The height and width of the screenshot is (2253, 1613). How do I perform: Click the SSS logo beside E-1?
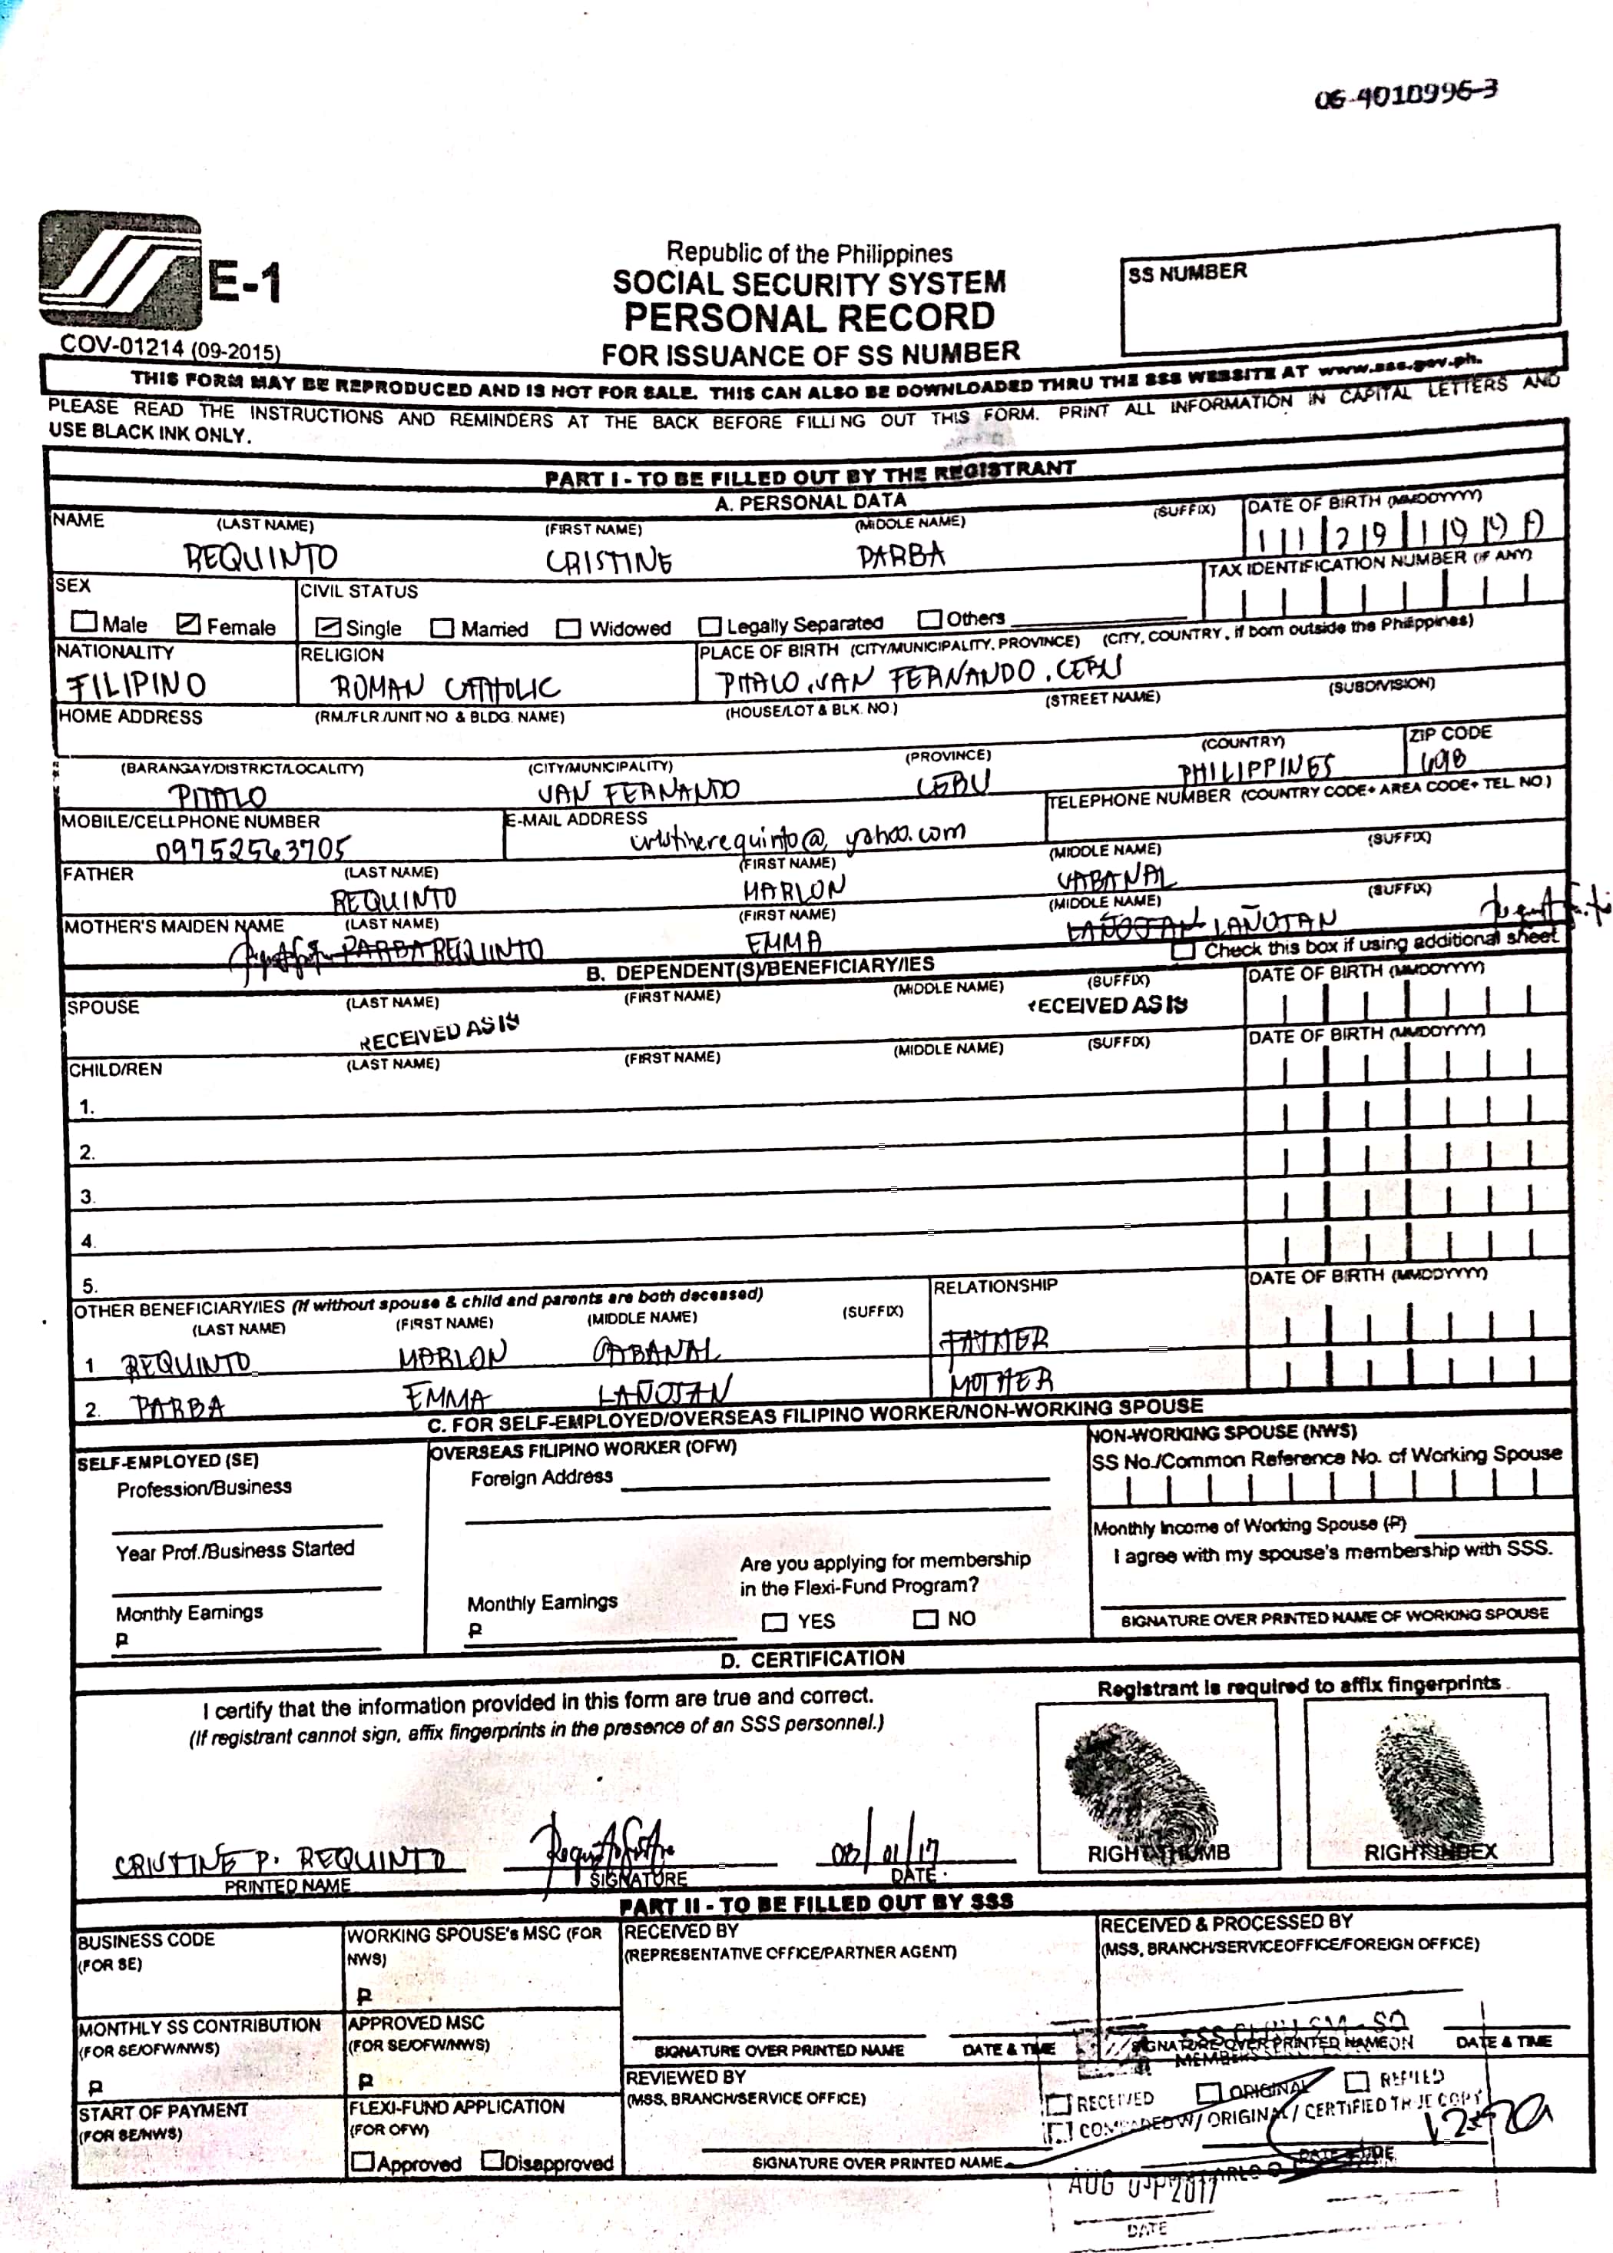119,270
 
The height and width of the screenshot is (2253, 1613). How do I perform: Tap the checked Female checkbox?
187,624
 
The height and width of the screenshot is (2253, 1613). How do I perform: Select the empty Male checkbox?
84,622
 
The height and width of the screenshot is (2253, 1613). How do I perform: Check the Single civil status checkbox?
328,627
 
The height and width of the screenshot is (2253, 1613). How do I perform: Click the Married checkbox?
442,629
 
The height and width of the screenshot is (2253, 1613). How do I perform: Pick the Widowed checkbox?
568,629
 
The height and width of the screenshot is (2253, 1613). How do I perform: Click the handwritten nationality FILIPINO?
136,685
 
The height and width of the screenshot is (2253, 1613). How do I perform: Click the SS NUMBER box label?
1187,272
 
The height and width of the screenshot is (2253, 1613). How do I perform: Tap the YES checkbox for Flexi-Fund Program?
773,1622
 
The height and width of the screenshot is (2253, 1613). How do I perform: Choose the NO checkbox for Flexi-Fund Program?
925,1619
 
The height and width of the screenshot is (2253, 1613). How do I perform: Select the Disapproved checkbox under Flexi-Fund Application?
492,2162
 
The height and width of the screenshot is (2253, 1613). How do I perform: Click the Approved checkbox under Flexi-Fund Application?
363,2162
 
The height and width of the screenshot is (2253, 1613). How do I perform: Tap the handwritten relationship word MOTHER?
1000,1381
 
